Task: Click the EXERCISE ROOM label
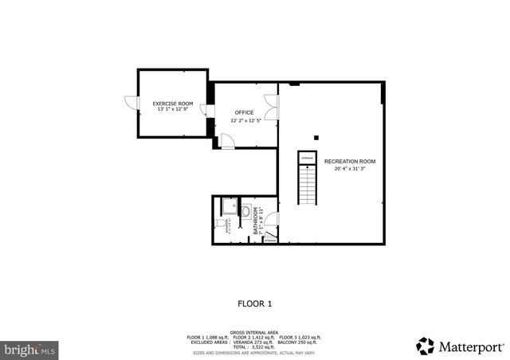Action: pyautogui.click(x=173, y=104)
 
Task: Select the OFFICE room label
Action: pyautogui.click(x=244, y=112)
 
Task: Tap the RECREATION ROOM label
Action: pyautogui.click(x=349, y=162)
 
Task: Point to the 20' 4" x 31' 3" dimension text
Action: pyautogui.click(x=349, y=169)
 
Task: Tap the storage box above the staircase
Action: pyautogui.click(x=307, y=158)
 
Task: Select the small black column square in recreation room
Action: pyautogui.click(x=316, y=137)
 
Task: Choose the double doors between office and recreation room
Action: pyautogui.click(x=273, y=108)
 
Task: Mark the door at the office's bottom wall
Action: pyautogui.click(x=227, y=142)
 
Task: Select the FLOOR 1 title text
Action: pyautogui.click(x=255, y=303)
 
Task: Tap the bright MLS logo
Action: pyautogui.click(x=29, y=349)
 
